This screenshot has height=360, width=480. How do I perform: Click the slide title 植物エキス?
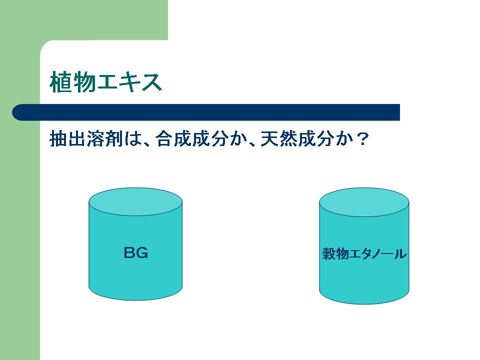[105, 81]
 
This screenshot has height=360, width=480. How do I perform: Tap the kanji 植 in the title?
[61, 81]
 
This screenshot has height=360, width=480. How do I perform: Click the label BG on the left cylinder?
[136, 253]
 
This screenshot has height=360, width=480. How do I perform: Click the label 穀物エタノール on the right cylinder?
[364, 254]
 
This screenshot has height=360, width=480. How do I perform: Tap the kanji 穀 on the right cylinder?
[329, 254]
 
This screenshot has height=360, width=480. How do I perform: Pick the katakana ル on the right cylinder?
[400, 254]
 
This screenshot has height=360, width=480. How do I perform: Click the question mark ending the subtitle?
[363, 139]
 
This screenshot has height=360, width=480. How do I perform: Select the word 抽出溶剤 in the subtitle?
[86, 139]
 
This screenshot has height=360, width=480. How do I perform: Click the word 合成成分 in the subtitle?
[191, 139]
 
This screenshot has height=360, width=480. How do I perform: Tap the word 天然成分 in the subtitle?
[296, 139]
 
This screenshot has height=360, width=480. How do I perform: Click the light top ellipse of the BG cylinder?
[135, 201]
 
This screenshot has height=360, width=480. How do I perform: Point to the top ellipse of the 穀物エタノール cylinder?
[364, 202]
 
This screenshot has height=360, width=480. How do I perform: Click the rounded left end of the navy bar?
[13, 112]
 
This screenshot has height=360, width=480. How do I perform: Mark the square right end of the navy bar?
[399, 112]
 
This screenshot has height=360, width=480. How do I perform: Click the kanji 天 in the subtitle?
[269, 139]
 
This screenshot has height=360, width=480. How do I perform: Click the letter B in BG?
[129, 253]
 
